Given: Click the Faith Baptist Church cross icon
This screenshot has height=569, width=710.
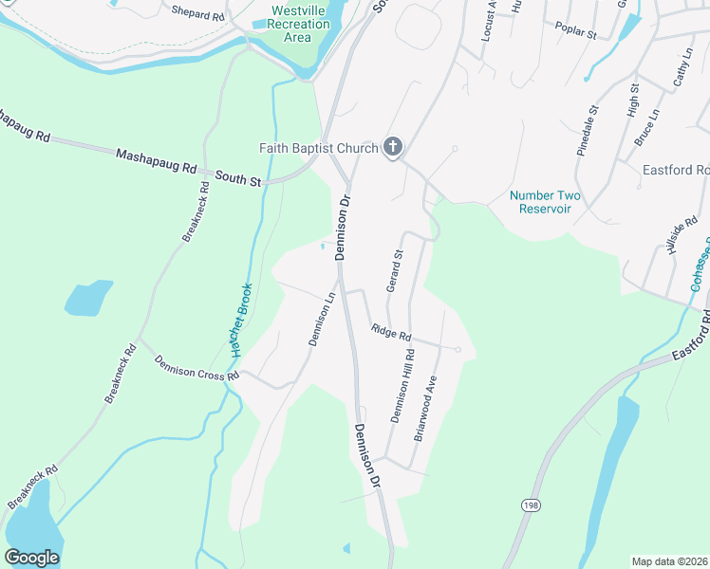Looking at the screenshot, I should coord(393,147).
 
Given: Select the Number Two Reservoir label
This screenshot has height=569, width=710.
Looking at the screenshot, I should coord(545,202).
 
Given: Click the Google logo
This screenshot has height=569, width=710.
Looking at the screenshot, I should coord(32,558).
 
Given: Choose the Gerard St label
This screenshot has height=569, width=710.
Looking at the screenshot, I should coord(395,270).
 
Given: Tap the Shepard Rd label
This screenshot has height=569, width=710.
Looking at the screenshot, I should coord(198,13).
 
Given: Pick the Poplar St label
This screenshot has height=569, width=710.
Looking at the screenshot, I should coord(577,33).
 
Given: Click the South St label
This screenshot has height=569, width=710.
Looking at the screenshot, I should coord(237,176).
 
